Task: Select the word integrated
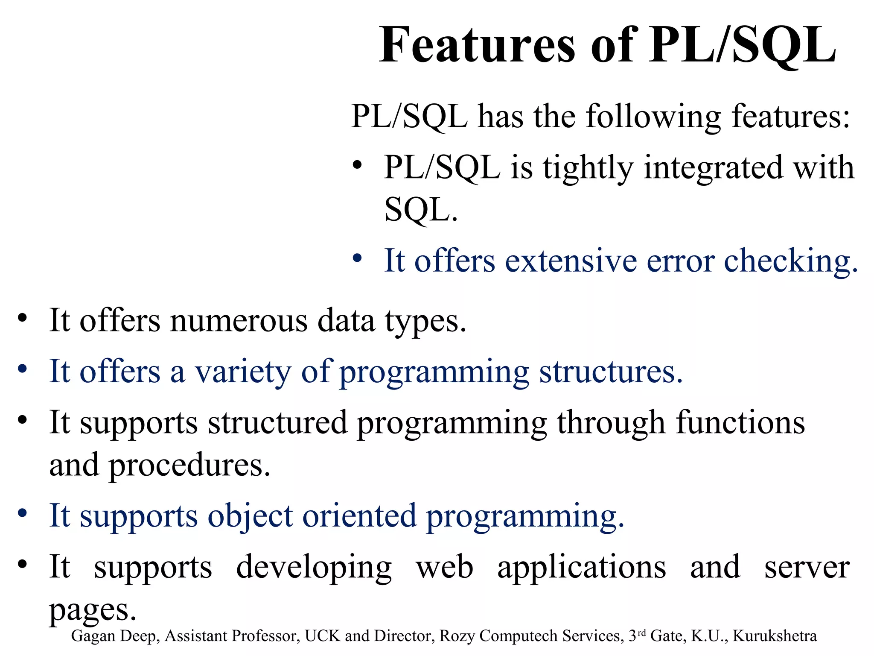pos(713,169)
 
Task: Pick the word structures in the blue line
pos(611,372)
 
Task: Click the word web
pos(444,567)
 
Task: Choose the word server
pos(807,567)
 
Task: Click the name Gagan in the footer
pos(93,636)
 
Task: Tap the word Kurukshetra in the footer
pos(775,636)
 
